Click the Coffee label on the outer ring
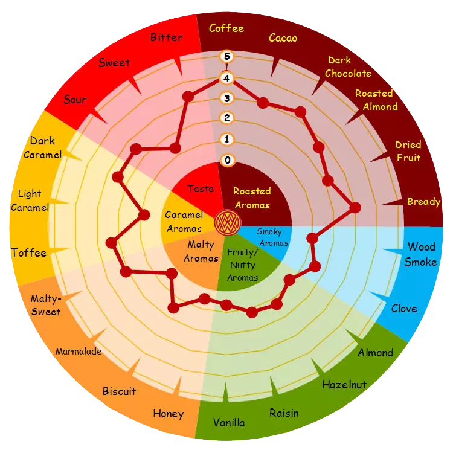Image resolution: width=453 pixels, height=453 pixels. click(226, 28)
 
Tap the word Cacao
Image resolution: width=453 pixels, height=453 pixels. click(283, 38)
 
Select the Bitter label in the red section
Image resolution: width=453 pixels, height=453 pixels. click(167, 37)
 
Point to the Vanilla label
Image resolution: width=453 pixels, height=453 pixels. click(229, 423)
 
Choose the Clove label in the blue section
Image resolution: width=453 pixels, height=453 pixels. click(404, 309)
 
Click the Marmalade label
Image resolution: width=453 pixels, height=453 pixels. click(79, 352)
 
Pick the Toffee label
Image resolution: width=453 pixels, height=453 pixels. click(29, 253)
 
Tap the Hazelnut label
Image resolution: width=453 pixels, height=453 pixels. click(344, 385)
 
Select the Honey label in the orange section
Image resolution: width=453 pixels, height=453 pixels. click(168, 414)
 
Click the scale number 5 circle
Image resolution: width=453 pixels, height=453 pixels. click(226, 56)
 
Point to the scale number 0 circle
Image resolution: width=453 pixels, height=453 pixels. click(227, 160)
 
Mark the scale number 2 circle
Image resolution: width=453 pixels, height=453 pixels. click(226, 118)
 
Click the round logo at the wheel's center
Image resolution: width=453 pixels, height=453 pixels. click(227, 223)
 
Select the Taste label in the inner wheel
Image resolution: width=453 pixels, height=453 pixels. click(201, 188)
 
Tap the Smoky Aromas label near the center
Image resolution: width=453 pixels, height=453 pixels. click(272, 237)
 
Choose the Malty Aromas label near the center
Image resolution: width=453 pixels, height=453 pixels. click(201, 251)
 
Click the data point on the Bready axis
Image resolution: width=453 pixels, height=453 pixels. click(355, 207)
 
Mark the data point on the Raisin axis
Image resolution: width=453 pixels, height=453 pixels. click(252, 312)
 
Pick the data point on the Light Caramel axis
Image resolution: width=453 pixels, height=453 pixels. click(144, 215)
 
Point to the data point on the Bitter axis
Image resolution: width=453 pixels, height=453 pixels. click(188, 96)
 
